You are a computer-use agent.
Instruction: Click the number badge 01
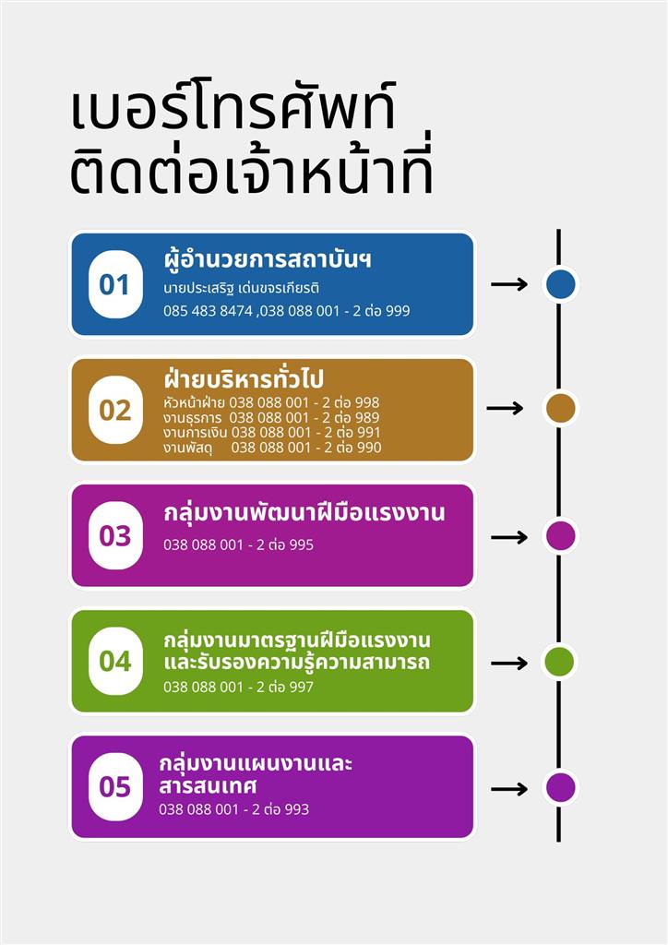tap(115, 284)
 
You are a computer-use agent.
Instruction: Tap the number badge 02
tap(115, 410)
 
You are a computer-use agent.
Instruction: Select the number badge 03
tap(115, 535)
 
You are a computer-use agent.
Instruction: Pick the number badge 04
tap(115, 661)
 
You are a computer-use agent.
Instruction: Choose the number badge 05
tap(115, 786)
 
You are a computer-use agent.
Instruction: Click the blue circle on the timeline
tap(560, 284)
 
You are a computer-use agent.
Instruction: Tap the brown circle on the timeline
tap(560, 408)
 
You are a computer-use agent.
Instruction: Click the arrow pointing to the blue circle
tap(509, 284)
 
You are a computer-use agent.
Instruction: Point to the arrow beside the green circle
tap(509, 664)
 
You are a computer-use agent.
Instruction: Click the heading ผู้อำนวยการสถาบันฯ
tap(268, 260)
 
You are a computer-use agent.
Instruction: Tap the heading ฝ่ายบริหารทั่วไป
tap(244, 378)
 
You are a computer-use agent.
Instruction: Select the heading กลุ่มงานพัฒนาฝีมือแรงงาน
tap(304, 513)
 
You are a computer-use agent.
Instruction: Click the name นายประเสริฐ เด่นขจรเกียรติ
tap(242, 288)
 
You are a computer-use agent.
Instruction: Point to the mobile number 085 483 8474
tap(208, 311)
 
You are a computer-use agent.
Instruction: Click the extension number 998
tap(367, 402)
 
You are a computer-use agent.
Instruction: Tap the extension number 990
tap(369, 448)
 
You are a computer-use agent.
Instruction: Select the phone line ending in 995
tap(239, 544)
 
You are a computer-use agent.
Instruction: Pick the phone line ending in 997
tap(239, 687)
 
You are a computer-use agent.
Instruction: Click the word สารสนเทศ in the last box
tap(208, 786)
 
